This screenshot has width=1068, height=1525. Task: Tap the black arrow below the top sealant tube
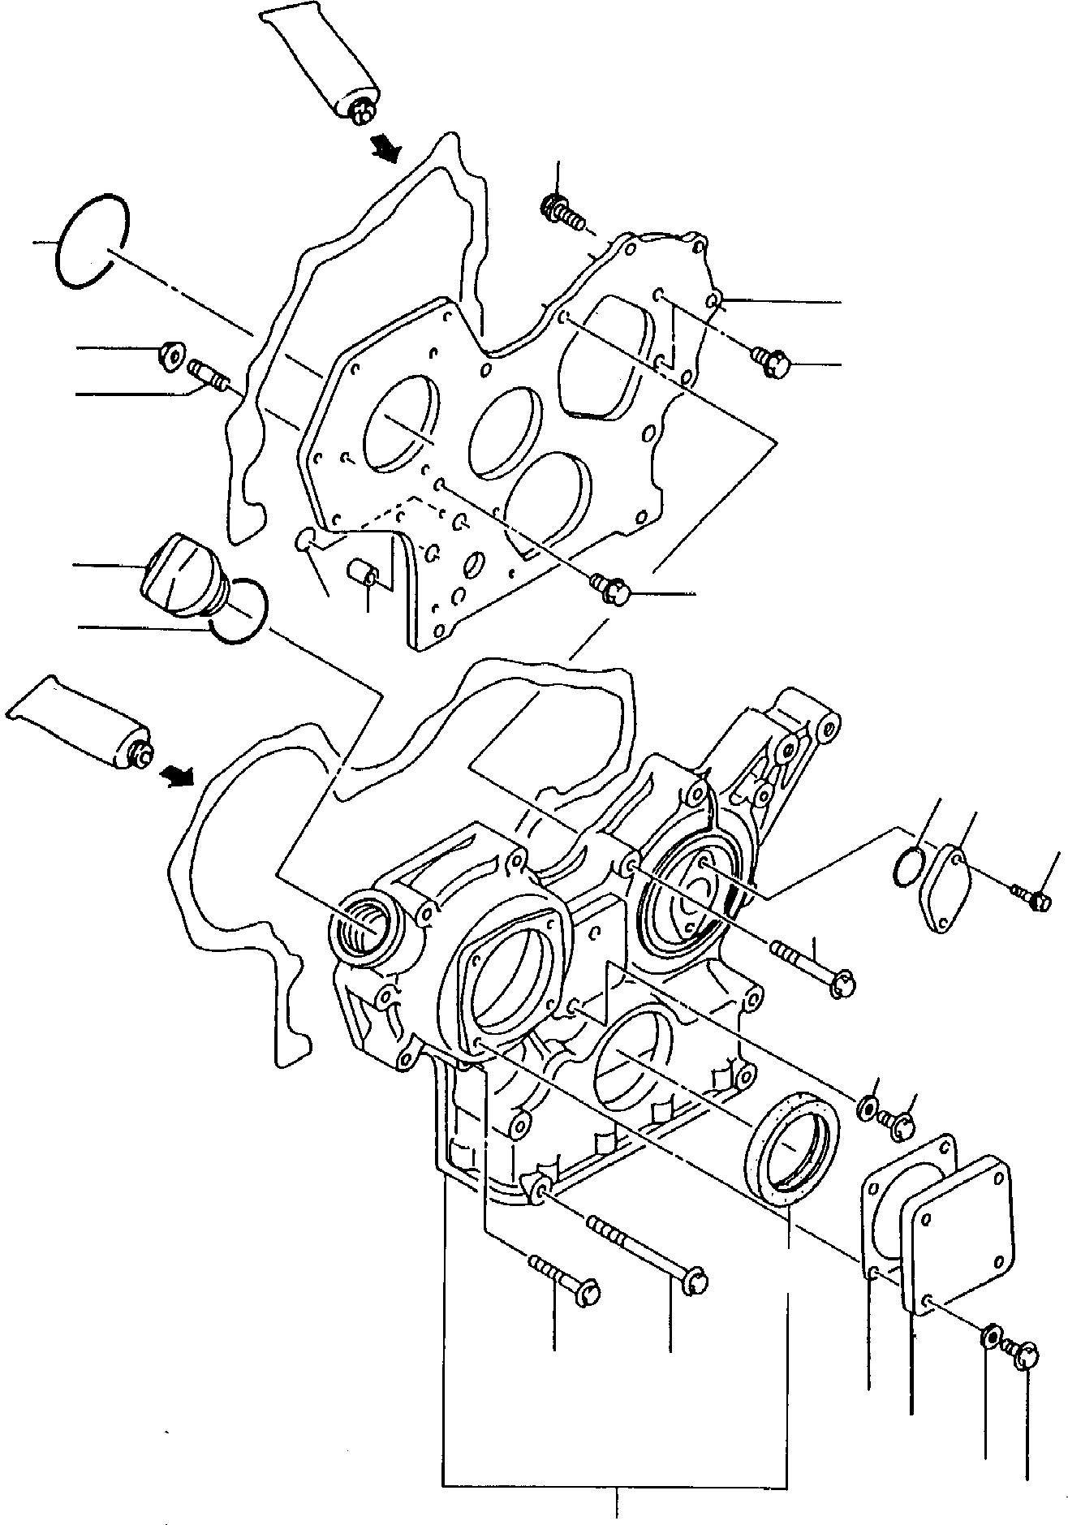tap(386, 147)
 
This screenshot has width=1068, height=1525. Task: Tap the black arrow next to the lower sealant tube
tap(179, 777)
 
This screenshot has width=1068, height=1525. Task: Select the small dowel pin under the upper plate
tap(362, 572)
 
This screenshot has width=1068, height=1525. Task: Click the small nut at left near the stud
tap(172, 355)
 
